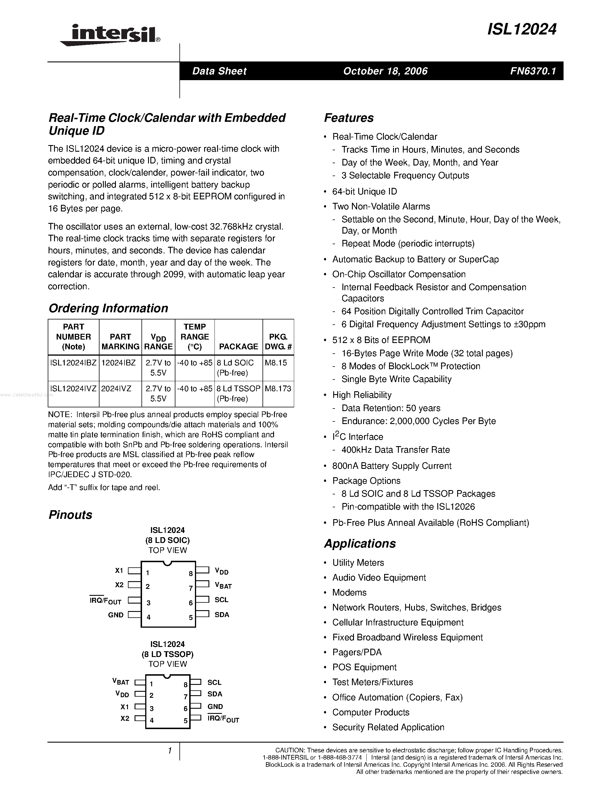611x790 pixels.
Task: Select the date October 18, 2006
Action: click(385, 71)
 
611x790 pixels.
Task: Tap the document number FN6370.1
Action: click(533, 71)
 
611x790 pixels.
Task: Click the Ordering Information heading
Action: click(108, 308)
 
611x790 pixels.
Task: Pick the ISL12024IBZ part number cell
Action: click(74, 363)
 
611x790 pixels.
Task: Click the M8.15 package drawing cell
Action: click(276, 363)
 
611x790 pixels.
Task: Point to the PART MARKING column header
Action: click(120, 342)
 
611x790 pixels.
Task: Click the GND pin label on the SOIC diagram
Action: click(116, 615)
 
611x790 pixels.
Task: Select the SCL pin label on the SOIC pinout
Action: click(221, 600)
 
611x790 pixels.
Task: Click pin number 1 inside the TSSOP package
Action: click(151, 684)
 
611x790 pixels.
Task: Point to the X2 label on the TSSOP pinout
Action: click(125, 718)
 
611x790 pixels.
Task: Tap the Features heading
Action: click(348, 118)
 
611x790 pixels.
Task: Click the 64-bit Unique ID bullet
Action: click(365, 191)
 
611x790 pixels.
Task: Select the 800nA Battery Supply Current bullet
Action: click(392, 466)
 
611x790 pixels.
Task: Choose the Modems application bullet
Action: click(349, 592)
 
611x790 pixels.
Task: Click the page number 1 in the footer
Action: click(169, 751)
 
